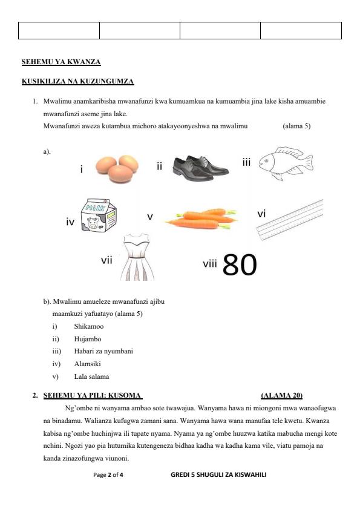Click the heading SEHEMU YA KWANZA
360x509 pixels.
tap(61, 62)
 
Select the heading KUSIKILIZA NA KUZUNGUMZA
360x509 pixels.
tap(77, 81)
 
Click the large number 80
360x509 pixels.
tap(240, 264)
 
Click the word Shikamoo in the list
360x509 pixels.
tap(89, 326)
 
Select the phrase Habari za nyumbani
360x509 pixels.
tap(103, 351)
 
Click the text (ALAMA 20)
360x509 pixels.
tap(281, 395)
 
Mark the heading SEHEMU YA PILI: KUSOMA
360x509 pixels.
tap(92, 395)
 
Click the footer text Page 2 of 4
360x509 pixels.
tap(108, 475)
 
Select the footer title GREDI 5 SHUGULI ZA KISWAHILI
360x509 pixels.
tap(218, 475)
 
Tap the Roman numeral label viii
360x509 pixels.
tap(210, 263)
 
